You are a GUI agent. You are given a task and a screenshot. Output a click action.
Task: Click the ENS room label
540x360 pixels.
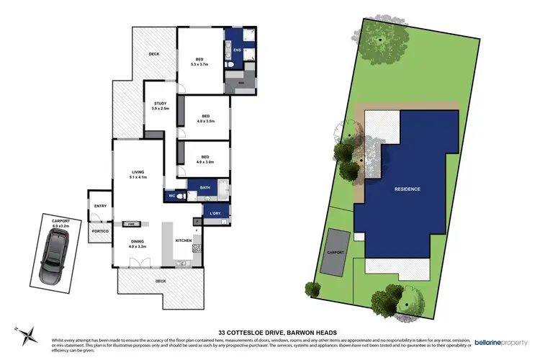[237, 50]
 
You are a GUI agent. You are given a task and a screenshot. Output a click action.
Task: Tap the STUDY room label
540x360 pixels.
[161, 106]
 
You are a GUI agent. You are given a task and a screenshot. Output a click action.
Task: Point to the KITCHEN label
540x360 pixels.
[183, 240]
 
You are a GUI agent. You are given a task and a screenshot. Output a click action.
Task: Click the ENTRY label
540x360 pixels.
[100, 207]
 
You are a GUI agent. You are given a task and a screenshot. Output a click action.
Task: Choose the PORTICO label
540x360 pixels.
[100, 230]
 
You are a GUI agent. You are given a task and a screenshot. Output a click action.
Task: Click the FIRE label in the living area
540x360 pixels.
[132, 223]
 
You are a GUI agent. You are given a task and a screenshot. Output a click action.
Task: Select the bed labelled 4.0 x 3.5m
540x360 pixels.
[205, 118]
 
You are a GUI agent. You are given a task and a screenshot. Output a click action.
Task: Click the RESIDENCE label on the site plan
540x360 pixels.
[407, 189]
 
